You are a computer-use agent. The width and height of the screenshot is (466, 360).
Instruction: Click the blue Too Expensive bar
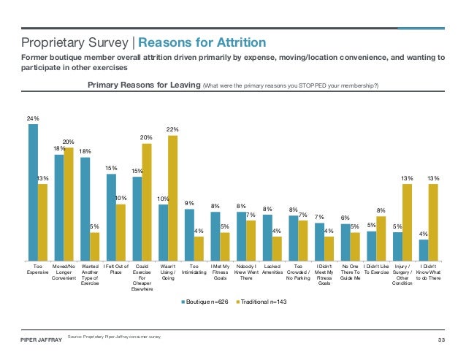click(34, 193)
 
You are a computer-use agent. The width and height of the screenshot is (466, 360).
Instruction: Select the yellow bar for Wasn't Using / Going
click(172, 198)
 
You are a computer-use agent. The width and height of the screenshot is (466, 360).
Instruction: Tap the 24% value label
click(33, 118)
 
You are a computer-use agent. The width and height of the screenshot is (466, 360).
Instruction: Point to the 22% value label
click(172, 129)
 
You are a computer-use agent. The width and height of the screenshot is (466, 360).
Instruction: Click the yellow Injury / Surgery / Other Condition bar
click(407, 223)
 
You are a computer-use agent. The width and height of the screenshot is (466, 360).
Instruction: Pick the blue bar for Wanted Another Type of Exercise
click(85, 209)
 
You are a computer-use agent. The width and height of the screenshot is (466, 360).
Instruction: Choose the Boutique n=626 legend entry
click(205, 302)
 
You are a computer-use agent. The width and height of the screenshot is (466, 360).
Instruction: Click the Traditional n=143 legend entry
click(261, 302)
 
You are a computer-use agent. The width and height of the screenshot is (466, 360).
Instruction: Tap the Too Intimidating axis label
click(194, 269)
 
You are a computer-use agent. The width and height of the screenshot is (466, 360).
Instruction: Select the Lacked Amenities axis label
click(272, 269)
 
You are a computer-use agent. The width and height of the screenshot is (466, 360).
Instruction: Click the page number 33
click(441, 340)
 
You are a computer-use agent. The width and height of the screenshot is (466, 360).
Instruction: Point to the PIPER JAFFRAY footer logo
click(42, 340)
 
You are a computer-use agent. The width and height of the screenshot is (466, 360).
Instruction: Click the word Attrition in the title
click(241, 42)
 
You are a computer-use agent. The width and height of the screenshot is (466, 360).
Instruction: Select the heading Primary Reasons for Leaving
click(144, 85)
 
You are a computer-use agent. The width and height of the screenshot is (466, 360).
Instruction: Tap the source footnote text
click(114, 337)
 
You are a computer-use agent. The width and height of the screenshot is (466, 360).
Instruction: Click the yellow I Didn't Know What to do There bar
click(433, 223)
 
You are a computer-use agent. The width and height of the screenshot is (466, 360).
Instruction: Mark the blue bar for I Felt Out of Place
click(112, 218)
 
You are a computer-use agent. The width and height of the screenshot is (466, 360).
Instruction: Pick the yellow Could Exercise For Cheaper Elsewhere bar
click(147, 202)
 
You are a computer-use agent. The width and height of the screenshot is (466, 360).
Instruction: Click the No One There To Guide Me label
click(350, 272)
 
